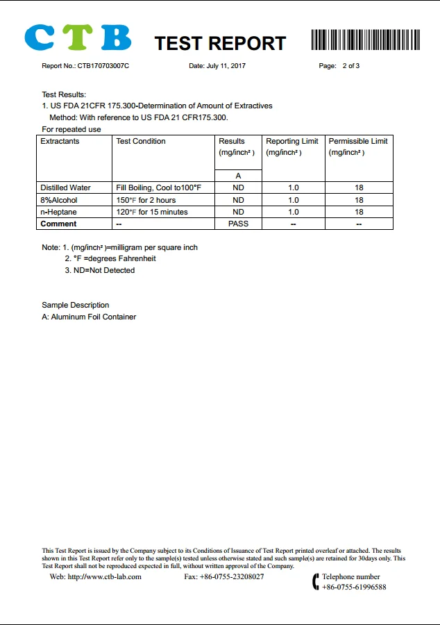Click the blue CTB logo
77,37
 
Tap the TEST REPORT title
220,43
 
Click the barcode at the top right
365,40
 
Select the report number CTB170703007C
103,66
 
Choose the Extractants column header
60,141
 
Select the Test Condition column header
141,141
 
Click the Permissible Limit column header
358,141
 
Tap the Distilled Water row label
65,187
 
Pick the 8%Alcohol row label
59,200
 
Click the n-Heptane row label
58,212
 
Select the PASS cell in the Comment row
238,224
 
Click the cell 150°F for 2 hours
146,200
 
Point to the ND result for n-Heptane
238,212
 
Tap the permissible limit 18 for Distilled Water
359,187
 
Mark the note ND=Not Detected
104,270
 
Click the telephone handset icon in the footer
316,581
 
